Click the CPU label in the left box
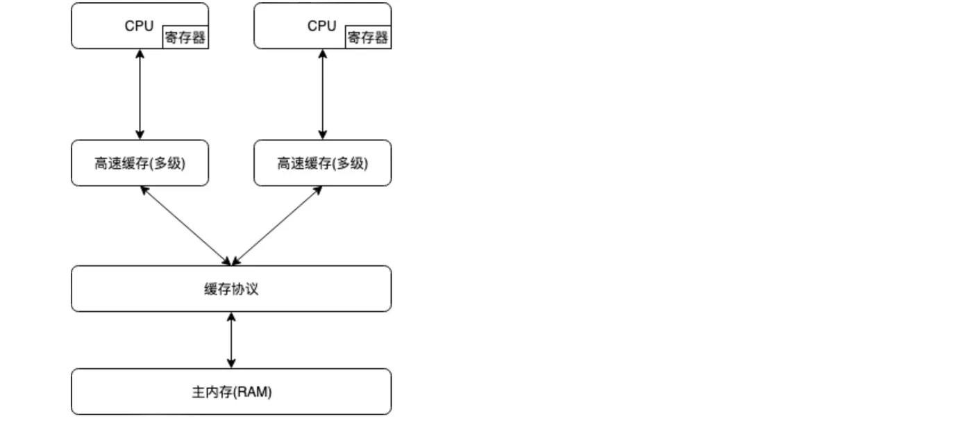click(139, 26)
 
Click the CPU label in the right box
click(321, 26)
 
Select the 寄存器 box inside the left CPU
click(185, 38)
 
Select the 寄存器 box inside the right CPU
click(368, 38)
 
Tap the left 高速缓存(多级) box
click(140, 163)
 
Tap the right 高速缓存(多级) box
click(322, 163)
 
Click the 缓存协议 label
click(231, 289)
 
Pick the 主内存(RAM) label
click(231, 392)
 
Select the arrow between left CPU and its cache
click(140, 94)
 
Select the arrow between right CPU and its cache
click(322, 94)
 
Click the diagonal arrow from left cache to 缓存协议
click(185, 226)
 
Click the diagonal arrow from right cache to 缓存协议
click(277, 226)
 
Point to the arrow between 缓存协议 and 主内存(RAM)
click(231, 340)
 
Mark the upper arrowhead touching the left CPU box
click(140, 53)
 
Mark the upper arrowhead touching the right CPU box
click(322, 53)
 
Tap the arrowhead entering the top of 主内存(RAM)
click(231, 363)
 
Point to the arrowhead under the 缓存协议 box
click(231, 317)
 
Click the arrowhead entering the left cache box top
click(140, 135)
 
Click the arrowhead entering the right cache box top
click(322, 135)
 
